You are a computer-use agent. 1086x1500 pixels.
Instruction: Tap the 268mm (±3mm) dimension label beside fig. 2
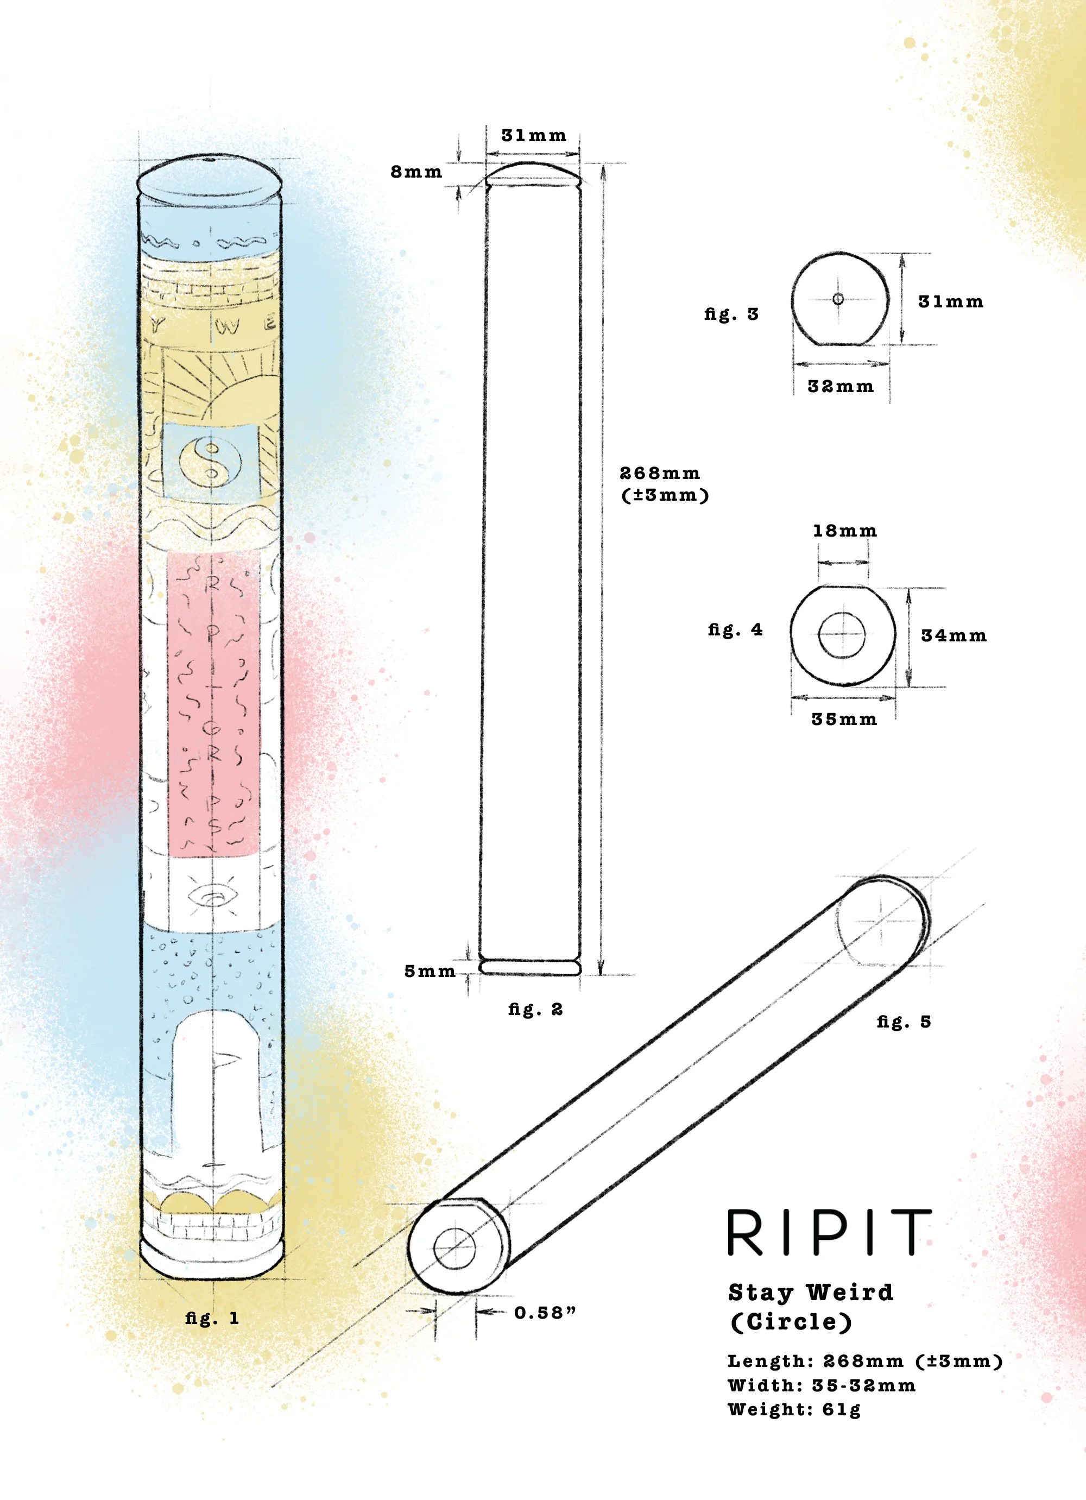[x=664, y=483]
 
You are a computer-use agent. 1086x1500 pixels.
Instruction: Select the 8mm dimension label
[x=416, y=172]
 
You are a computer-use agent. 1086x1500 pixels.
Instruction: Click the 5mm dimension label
[x=430, y=971]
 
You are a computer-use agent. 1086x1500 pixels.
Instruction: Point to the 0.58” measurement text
[x=546, y=1312]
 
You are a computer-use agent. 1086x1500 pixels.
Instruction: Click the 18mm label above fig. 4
[x=844, y=531]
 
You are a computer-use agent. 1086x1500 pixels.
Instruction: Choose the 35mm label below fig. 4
[x=844, y=719]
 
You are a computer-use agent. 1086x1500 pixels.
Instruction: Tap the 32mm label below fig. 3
[x=840, y=386]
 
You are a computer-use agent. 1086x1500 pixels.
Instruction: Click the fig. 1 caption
[x=212, y=1318]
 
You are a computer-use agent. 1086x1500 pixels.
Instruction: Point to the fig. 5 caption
[x=904, y=1022]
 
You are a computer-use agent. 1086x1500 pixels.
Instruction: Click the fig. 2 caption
[x=535, y=1009]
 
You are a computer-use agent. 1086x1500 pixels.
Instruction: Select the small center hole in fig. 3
[x=838, y=299]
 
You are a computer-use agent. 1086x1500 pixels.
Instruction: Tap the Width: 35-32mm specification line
[x=822, y=1385]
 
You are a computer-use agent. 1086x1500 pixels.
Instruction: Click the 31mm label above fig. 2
[x=534, y=136]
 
